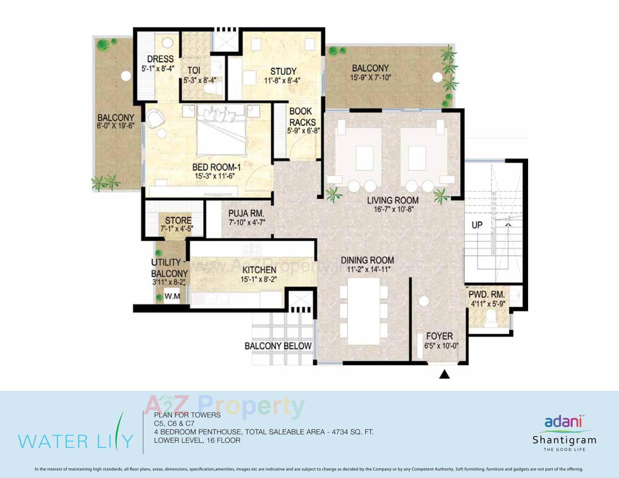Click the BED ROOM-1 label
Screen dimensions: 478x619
click(216, 167)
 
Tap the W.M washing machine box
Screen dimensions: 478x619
click(172, 296)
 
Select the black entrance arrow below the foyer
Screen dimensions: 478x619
click(445, 374)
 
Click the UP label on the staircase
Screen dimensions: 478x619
click(477, 225)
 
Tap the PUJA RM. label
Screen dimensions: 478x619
click(246, 213)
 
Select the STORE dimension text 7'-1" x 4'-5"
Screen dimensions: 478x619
click(177, 229)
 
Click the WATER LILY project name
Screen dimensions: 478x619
click(75, 441)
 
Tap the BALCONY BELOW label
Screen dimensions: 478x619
click(278, 346)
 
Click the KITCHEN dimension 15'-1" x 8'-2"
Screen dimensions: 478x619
click(259, 279)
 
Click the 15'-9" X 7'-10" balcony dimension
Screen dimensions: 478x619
click(370, 78)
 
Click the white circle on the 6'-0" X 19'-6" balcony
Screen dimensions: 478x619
click(126, 76)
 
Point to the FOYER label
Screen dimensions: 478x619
click(439, 336)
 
